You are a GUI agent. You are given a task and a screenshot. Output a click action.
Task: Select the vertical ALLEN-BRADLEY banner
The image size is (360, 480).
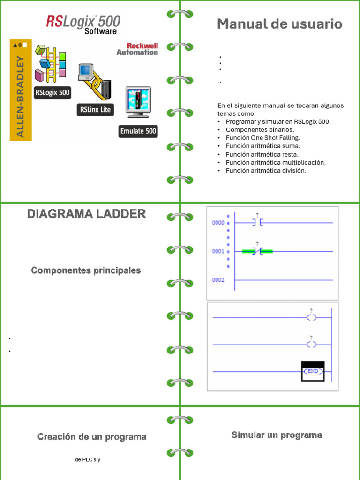pyautogui.click(x=21, y=90)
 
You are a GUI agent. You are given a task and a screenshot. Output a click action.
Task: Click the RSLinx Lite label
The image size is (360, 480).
pyautogui.click(x=95, y=110)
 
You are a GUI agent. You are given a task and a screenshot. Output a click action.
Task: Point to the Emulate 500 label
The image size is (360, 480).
pyautogui.click(x=138, y=131)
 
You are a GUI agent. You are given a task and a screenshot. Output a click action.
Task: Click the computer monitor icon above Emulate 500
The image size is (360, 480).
pyautogui.click(x=138, y=102)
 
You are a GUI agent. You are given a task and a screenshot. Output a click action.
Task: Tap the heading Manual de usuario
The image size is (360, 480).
pyautogui.click(x=279, y=24)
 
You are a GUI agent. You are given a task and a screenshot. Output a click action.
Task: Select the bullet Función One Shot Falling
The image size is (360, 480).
pyautogui.click(x=262, y=138)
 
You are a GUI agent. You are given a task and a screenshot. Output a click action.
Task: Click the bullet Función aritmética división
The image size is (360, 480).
pyautogui.click(x=266, y=171)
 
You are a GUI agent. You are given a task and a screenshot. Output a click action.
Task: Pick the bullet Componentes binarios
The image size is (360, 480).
pyautogui.click(x=260, y=130)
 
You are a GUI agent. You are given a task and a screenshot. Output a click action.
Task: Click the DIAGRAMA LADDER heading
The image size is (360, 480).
pyautogui.click(x=86, y=214)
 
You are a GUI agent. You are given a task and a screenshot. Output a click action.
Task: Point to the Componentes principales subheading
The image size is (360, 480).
pyautogui.click(x=86, y=270)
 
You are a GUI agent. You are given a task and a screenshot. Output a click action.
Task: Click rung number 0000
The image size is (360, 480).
pyautogui.click(x=218, y=223)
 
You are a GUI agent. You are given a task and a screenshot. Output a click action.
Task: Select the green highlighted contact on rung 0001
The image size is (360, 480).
pyautogui.click(x=257, y=252)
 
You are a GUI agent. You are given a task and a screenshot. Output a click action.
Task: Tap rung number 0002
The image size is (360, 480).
pyautogui.click(x=218, y=280)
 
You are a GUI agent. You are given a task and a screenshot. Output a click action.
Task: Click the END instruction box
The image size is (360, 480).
pyautogui.click(x=313, y=371)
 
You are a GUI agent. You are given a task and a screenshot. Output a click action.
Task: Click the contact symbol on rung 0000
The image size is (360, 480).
pyautogui.click(x=257, y=223)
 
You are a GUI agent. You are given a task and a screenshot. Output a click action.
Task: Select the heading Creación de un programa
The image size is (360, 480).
pyautogui.click(x=92, y=437)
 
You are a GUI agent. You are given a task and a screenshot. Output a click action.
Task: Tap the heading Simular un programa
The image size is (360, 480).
pyautogui.click(x=277, y=435)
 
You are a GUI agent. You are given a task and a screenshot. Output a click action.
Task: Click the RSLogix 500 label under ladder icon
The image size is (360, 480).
pyautogui.click(x=52, y=92)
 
